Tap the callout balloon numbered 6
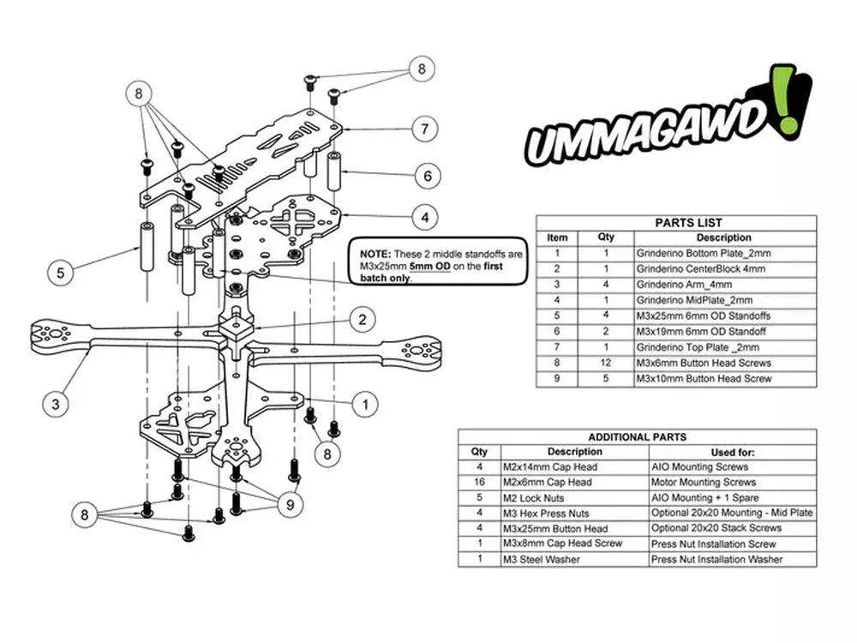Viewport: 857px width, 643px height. pos(427,177)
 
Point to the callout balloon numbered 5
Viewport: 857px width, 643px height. pos(60,274)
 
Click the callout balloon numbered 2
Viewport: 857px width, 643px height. pos(363,320)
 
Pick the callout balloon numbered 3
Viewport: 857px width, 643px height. pos(55,403)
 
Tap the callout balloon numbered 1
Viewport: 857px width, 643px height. pos(364,403)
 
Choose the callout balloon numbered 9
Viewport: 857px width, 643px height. pos(291,505)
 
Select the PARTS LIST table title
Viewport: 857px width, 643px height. pos(676,223)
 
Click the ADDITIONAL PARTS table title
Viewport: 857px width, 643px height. pos(637,437)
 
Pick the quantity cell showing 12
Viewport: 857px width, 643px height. pos(606,363)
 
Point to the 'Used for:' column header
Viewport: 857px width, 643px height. pos(733,452)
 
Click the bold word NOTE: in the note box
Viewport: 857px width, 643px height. pos(375,255)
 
